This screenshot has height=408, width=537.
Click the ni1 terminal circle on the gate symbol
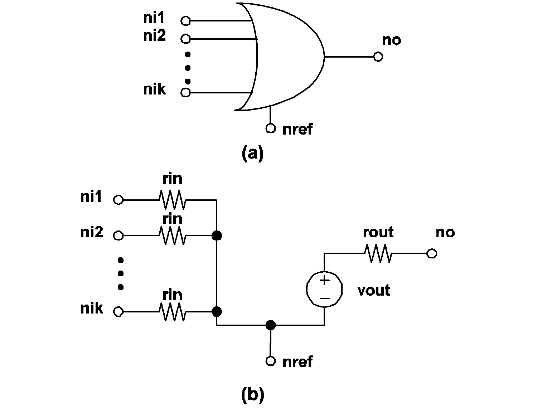tap(185, 21)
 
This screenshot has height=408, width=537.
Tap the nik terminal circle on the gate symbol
tap(185, 92)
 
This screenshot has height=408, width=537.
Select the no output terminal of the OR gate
tap(378, 57)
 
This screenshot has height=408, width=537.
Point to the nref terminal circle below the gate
tap(271, 128)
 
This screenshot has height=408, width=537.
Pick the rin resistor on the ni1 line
tap(173, 200)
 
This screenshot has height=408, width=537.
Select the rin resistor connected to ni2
tap(173, 235)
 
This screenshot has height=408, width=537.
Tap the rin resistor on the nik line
tap(173, 312)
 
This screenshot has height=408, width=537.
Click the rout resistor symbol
tap(378, 254)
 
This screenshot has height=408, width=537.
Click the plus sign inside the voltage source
tap(324, 280)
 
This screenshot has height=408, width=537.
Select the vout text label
tap(374, 290)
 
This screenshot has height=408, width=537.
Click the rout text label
tap(378, 233)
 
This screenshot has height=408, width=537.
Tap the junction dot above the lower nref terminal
tap(271, 325)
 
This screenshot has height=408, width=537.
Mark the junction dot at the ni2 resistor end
tap(217, 235)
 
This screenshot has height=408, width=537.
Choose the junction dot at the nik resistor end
tap(217, 312)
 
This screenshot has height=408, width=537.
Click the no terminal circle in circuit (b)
tap(432, 254)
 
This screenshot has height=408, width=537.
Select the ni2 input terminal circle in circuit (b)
tap(118, 235)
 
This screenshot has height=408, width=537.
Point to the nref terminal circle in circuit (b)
tap(271, 361)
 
